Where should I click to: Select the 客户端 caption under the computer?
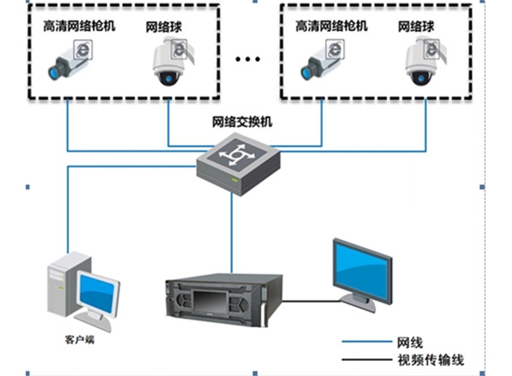point(79,339)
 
